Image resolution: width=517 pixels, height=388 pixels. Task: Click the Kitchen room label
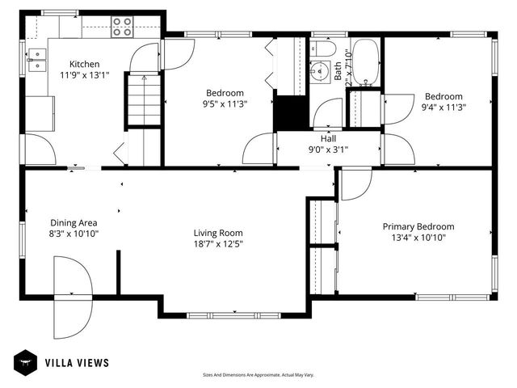point(84,65)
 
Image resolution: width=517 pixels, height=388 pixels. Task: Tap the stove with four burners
point(122,27)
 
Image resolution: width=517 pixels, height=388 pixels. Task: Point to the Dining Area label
point(74,222)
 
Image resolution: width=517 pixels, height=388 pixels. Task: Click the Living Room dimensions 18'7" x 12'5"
point(218,243)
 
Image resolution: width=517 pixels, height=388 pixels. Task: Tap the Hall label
point(328,138)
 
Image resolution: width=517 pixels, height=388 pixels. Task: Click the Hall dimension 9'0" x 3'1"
point(328,149)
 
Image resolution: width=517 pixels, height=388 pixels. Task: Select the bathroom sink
point(322,51)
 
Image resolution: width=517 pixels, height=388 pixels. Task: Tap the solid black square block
point(290,112)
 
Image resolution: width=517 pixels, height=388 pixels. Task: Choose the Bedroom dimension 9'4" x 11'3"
point(443,106)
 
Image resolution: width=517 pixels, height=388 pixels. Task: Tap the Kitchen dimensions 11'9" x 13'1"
point(84,76)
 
